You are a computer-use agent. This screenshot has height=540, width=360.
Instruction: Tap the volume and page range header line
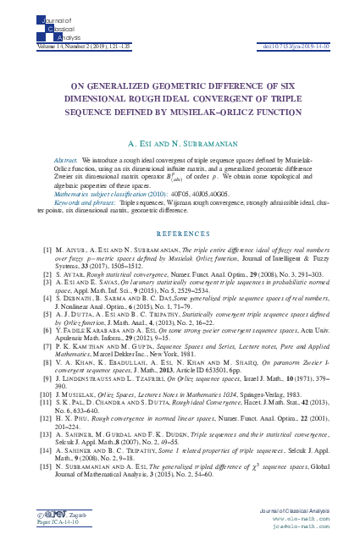pyautogui.click(x=60, y=34)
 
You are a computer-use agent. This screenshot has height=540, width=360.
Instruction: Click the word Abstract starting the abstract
pyautogui.click(x=65, y=158)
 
